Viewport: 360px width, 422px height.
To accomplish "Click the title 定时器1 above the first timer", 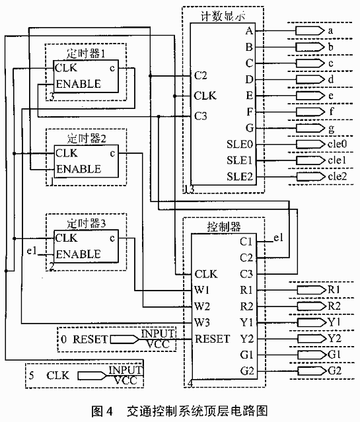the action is pos(86,53).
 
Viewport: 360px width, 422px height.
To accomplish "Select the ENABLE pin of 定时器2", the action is pos(79,169).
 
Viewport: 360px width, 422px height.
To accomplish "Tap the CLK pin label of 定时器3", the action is pos(66,238).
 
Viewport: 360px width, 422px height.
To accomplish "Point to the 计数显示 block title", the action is pos(223,16).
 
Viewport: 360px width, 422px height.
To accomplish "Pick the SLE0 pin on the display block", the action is pos(240,144).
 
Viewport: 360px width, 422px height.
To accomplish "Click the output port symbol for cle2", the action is pos(310,176).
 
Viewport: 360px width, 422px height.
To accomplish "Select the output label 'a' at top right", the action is pos(330,30).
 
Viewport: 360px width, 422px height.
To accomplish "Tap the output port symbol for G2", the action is pos(312,371).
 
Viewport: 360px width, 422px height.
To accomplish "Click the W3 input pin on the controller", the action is pos(201,322).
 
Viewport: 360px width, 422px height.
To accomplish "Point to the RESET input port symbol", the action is pos(125,339).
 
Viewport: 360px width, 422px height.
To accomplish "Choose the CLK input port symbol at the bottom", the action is pos(92,376).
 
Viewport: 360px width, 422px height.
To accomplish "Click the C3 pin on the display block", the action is pos(200,116).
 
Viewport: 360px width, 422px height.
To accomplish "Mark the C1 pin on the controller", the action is pos(246,242).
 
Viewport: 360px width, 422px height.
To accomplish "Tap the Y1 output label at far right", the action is pos(334,322).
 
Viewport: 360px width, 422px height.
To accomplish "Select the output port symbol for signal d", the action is pos(310,79).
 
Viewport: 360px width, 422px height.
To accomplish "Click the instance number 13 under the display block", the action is pos(189,190).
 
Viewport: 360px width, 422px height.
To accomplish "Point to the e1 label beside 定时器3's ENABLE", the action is pos(32,251).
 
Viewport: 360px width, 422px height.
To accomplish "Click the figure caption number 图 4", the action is pos(102,411).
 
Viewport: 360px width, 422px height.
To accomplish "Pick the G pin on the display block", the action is pos(249,128).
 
